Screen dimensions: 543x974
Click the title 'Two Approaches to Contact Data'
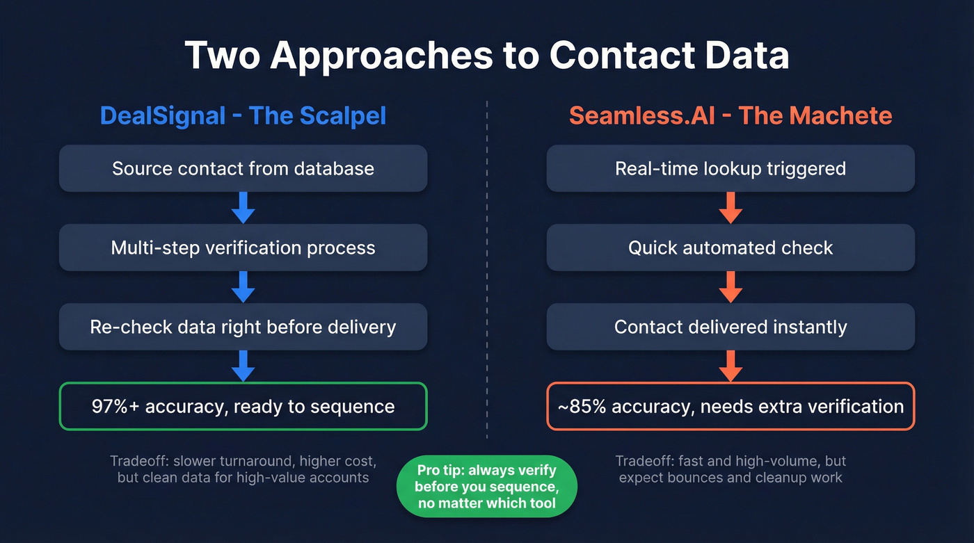487,56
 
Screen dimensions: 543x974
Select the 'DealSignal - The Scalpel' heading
243,115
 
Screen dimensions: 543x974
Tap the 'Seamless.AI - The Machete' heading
730,115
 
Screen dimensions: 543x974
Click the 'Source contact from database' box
243,168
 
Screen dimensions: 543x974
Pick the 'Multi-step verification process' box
243,248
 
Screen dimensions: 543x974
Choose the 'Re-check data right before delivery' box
243,327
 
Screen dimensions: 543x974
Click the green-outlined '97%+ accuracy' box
243,407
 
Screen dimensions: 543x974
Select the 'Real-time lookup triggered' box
730,168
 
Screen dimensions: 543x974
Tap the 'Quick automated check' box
730,248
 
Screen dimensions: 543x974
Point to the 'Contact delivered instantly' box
730,327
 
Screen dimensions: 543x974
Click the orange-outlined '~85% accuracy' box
730,407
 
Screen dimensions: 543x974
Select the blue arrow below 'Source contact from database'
243,208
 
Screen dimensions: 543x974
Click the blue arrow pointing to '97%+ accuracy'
243,366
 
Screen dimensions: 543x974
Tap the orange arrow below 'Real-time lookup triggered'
730,208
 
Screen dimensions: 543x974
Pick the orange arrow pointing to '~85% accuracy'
730,366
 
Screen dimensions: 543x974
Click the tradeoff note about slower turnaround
243,469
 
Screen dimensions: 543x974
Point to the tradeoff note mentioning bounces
730,469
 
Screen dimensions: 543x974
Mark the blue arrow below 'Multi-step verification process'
243,287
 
